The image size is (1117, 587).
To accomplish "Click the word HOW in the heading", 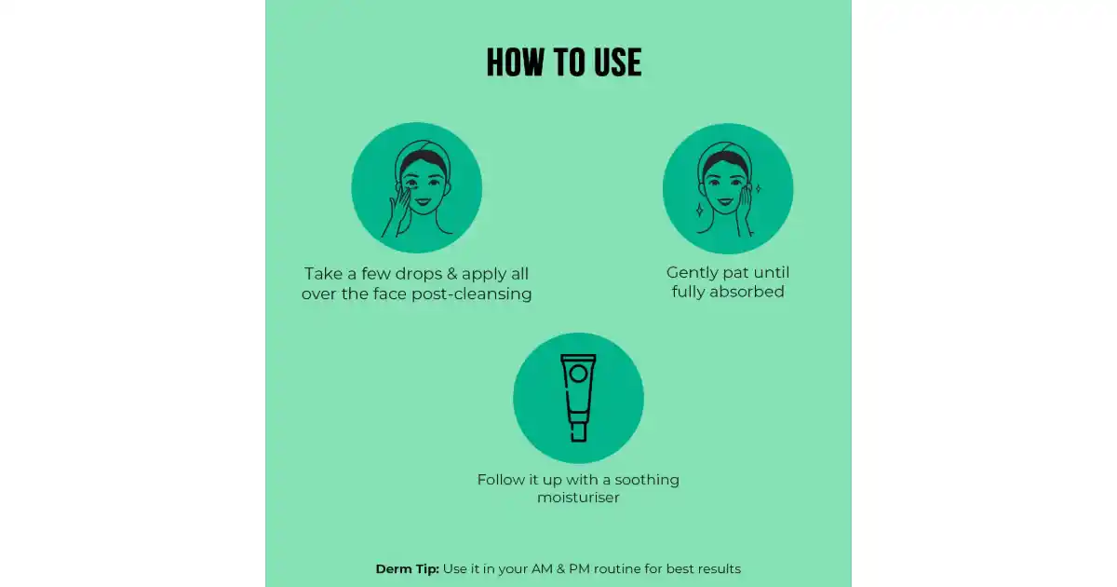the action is coord(516,62).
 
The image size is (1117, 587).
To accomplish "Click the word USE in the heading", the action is coord(618,62).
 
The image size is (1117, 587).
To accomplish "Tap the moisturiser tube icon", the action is coord(578,398).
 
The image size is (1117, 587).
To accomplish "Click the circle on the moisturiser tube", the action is coord(578,374).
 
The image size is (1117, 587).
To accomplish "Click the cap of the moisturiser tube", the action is coord(578,432).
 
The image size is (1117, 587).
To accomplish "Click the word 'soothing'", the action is coord(647,480).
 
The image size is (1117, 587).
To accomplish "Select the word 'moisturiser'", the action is coord(578,498).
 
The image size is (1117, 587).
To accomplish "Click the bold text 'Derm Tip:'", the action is coord(408,569).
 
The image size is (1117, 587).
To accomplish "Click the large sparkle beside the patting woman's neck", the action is coord(700,211).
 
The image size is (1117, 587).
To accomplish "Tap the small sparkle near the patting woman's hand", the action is coord(758,188).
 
